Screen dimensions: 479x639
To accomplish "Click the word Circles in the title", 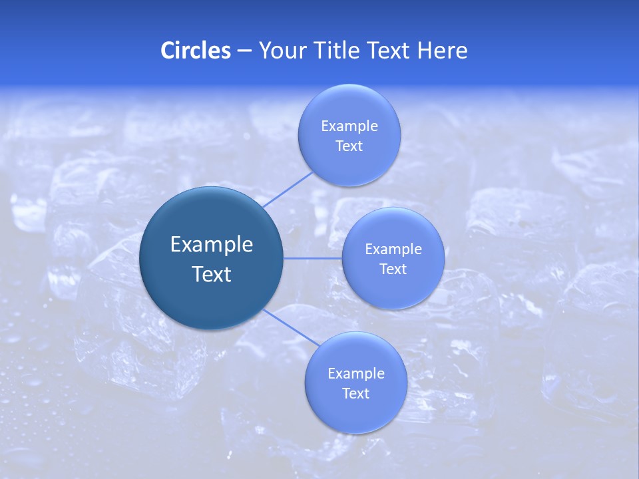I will [196, 51].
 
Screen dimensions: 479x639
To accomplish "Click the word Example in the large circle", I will [212, 245].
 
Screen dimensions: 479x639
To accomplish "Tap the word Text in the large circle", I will [212, 274].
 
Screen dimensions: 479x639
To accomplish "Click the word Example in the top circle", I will [349, 126].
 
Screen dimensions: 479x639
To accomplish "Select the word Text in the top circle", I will [349, 146].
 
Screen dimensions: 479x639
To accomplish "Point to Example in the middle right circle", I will [393, 249].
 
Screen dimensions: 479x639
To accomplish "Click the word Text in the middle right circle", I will [393, 269].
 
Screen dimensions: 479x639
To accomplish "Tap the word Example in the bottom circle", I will [356, 374].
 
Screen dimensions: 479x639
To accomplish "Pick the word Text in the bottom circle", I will [356, 394].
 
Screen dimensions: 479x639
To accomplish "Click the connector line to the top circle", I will [288, 190].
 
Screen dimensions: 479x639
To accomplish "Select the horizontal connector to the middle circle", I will [312, 257].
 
